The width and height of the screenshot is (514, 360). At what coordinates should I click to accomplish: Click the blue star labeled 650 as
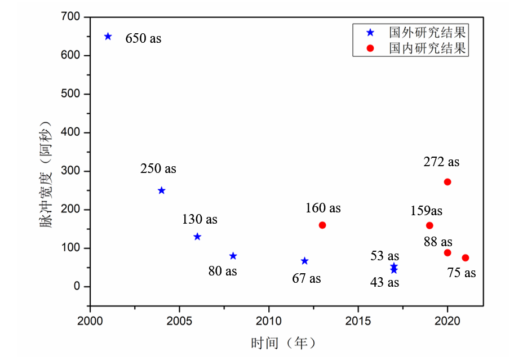108,37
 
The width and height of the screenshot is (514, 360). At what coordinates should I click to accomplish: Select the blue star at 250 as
161,190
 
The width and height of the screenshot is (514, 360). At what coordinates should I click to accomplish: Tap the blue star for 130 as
197,237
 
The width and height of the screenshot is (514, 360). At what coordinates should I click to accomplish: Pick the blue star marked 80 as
233,256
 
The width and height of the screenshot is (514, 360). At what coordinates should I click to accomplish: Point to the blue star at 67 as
304,261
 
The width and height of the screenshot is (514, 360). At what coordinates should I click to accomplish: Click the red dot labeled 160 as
322,225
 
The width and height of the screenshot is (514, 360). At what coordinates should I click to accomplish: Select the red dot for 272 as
447,182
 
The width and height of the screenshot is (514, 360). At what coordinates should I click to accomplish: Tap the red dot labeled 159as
429,225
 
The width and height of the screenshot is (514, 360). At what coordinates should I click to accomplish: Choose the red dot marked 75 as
466,257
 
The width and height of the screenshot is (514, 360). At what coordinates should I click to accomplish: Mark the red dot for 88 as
447,252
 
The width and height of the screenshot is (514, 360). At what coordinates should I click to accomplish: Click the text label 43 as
385,282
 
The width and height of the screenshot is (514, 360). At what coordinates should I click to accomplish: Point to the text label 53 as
385,256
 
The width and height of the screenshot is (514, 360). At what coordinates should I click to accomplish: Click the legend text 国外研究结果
428,32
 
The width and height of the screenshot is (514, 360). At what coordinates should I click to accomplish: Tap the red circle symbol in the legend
370,48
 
